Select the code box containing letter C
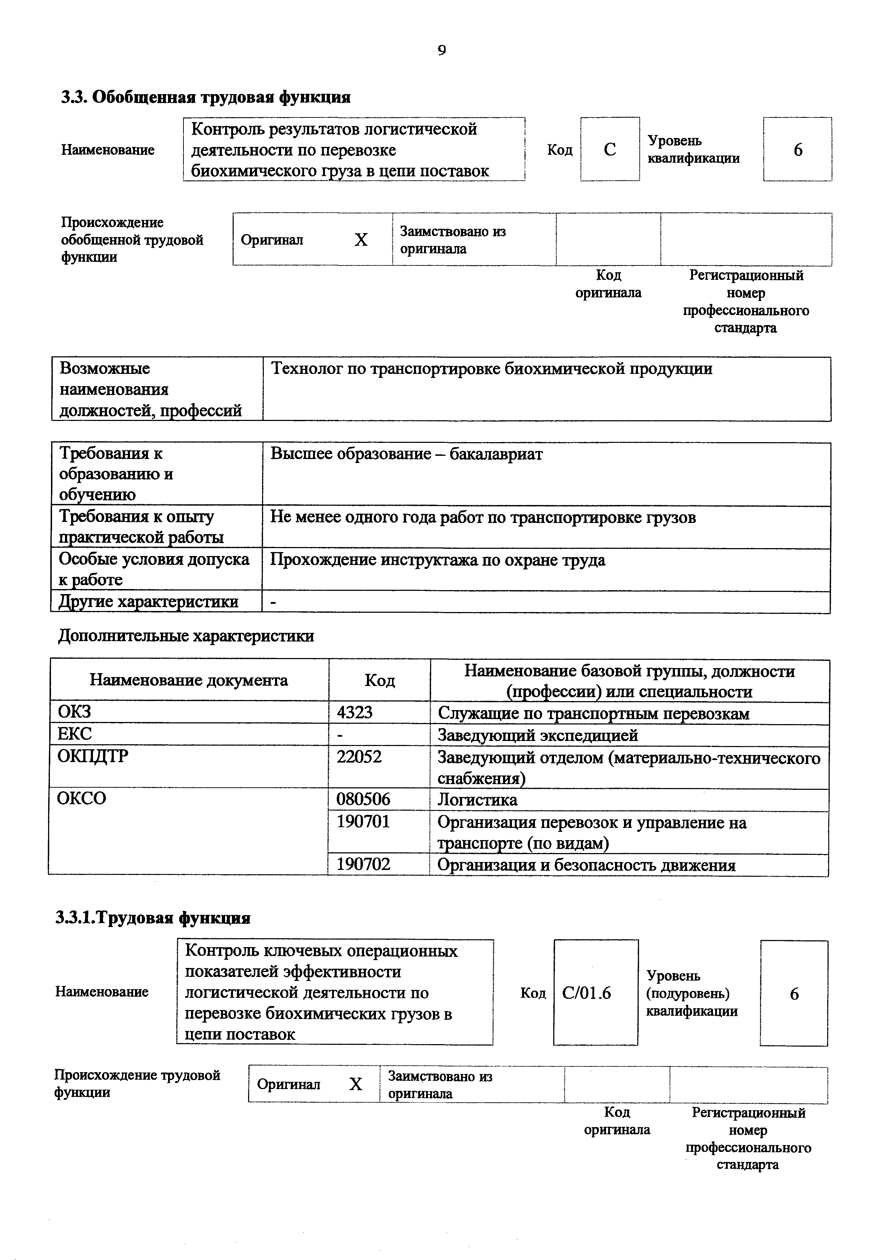click(610, 149)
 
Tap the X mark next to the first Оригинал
click(361, 240)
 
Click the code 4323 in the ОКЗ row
click(354, 712)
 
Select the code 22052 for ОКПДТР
click(359, 757)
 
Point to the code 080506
click(363, 799)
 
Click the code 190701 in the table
click(363, 821)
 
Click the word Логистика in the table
click(477, 800)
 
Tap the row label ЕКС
click(75, 734)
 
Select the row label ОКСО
click(81, 798)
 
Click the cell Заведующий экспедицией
click(537, 735)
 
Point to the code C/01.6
click(586, 993)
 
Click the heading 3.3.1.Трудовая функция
click(153, 918)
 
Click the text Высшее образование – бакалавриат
click(406, 454)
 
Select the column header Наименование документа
click(188, 681)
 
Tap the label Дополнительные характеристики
click(186, 636)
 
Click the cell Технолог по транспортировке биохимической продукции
click(491, 369)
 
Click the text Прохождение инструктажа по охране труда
click(438, 560)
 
